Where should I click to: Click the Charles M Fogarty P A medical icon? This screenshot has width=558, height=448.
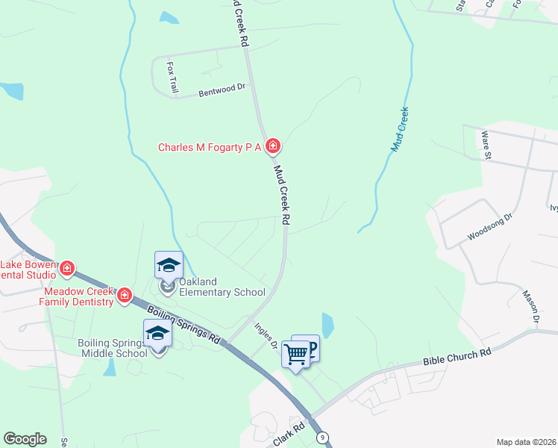tap(273, 146)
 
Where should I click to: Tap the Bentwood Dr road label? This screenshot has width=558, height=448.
tap(222, 90)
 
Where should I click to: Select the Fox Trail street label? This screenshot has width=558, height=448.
tap(173, 78)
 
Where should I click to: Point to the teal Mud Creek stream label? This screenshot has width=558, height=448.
tap(400, 129)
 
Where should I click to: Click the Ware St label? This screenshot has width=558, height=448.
tap(486, 146)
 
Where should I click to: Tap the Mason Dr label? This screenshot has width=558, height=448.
tap(530, 307)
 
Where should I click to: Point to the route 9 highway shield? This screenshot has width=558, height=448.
tap(322, 436)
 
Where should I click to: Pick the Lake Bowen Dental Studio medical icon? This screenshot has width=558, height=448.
tap(67, 267)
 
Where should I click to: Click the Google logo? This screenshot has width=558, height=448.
tap(25, 439)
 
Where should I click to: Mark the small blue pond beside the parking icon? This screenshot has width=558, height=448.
tap(327, 325)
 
